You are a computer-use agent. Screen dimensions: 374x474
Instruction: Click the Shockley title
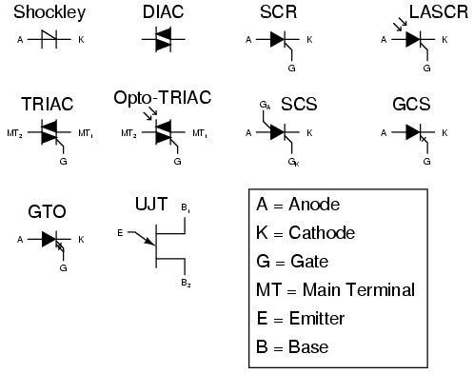tap(49, 12)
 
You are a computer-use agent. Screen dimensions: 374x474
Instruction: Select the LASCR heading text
tap(433, 12)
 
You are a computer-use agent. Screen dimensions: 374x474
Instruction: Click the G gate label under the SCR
tap(290, 69)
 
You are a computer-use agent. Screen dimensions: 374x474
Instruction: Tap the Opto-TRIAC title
tap(162, 98)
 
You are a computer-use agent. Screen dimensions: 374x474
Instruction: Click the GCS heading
tap(411, 103)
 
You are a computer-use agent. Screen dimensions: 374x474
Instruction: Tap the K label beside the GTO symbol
tap(81, 240)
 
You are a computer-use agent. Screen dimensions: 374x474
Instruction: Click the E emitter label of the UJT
tap(119, 231)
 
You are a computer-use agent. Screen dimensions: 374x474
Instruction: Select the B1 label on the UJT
tap(185, 207)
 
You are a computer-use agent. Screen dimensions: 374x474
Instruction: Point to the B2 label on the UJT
tap(185, 284)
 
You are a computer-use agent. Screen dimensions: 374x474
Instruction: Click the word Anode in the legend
tap(313, 205)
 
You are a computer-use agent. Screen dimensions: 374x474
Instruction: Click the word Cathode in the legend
tap(321, 233)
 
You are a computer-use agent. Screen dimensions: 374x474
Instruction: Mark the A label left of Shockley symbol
tap(20, 40)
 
